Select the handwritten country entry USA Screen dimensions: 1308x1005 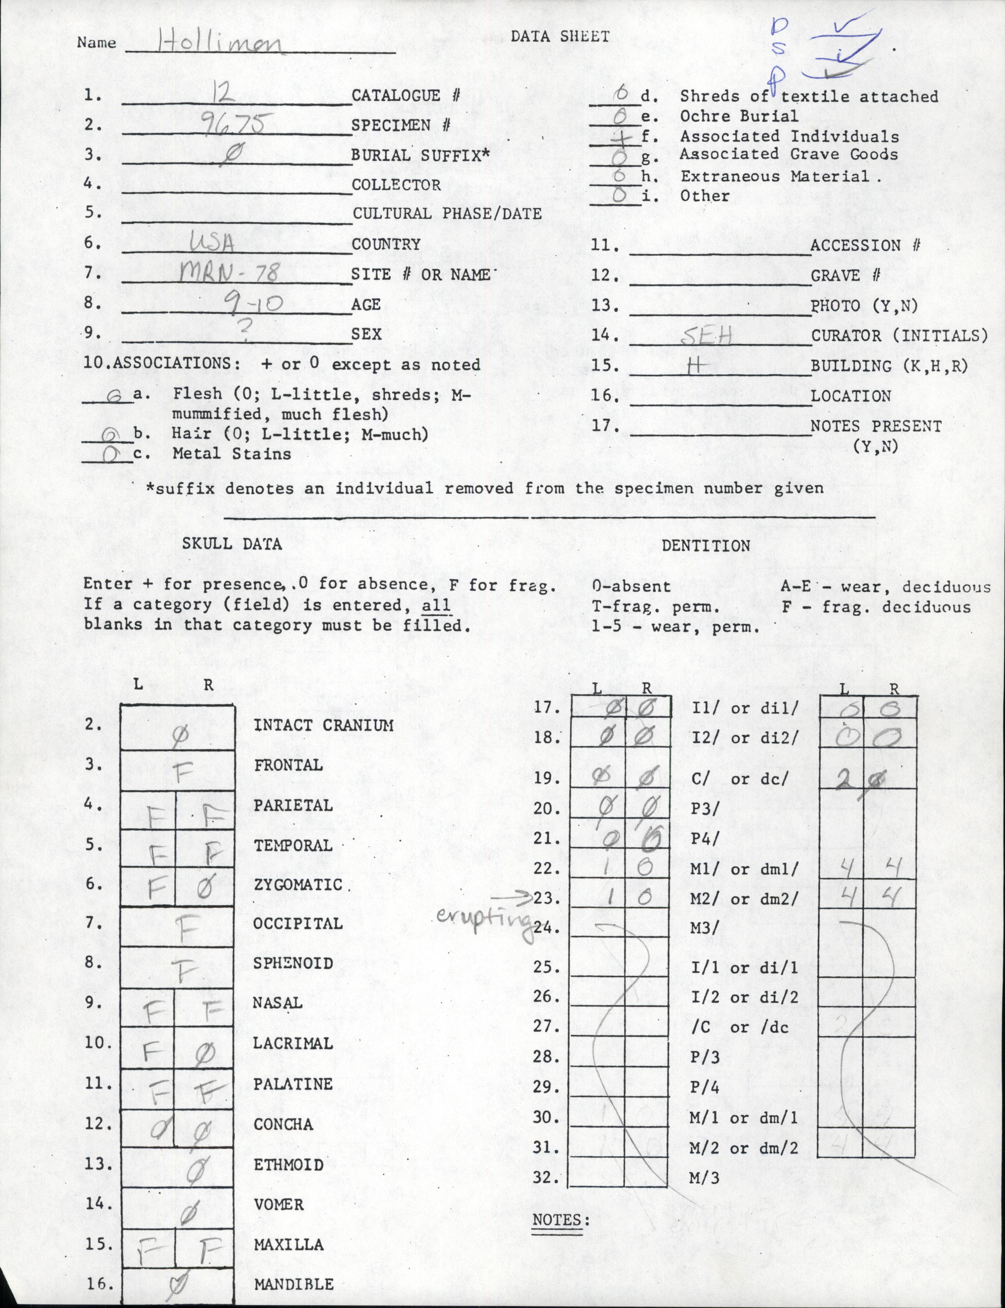click(x=211, y=242)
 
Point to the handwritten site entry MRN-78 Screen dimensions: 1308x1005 click(x=228, y=273)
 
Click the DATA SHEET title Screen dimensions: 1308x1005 click(x=560, y=37)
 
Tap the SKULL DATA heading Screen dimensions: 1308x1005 click(x=232, y=544)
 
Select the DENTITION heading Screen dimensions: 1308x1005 click(x=705, y=546)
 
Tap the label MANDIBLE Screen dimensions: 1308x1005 click(x=294, y=1281)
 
